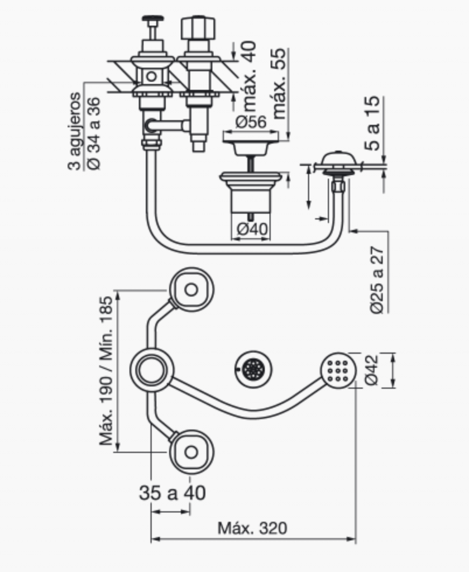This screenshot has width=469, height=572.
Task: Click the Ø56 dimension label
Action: pyautogui.click(x=251, y=122)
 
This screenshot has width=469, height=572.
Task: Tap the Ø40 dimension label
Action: pyautogui.click(x=252, y=228)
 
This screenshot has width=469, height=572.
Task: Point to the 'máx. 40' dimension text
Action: pyautogui.click(x=250, y=76)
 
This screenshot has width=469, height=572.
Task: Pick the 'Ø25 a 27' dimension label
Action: pyautogui.click(x=377, y=280)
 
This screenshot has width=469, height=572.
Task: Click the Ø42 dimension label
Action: pyautogui.click(x=371, y=370)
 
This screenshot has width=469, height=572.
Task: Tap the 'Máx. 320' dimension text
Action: pyautogui.click(x=252, y=528)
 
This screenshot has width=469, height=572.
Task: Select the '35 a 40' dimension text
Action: pyautogui.click(x=172, y=493)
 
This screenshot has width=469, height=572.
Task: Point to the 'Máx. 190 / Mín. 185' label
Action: pyautogui.click(x=106, y=371)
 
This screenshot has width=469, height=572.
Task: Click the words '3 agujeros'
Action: pyautogui.click(x=74, y=131)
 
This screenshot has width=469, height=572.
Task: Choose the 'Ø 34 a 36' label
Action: pyautogui.click(x=94, y=133)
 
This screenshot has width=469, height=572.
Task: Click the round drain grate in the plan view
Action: pyautogui.click(x=253, y=369)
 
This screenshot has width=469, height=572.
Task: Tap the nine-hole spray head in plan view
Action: pyautogui.click(x=338, y=371)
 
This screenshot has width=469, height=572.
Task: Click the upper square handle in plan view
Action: pyautogui.click(x=191, y=290)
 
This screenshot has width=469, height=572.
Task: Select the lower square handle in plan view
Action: pyautogui.click(x=191, y=452)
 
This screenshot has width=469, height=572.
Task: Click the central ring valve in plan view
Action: pyautogui.click(x=151, y=370)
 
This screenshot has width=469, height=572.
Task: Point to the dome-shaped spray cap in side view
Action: pyautogui.click(x=338, y=158)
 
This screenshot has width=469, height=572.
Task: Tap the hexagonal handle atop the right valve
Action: pyautogui.click(x=198, y=27)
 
